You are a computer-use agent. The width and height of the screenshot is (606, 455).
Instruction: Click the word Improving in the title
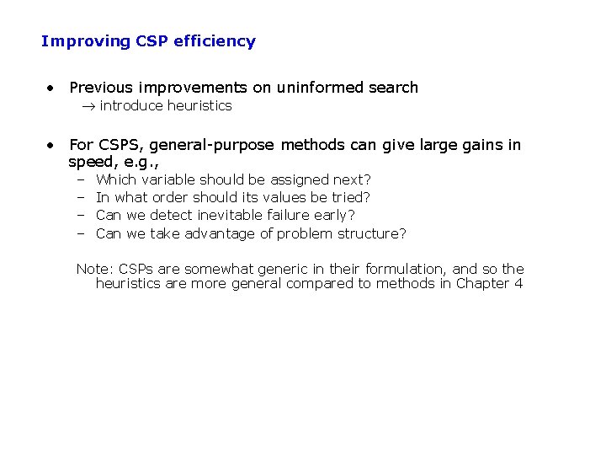click(74, 41)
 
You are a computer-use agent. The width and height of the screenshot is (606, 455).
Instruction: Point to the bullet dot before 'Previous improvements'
click(51, 88)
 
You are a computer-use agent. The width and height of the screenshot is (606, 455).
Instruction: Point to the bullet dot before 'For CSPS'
click(51, 145)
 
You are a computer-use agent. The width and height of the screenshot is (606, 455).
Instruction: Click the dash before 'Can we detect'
click(81, 215)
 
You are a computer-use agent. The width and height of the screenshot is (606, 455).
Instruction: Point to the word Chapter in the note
click(483, 283)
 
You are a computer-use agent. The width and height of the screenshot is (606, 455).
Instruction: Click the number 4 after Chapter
click(518, 283)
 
